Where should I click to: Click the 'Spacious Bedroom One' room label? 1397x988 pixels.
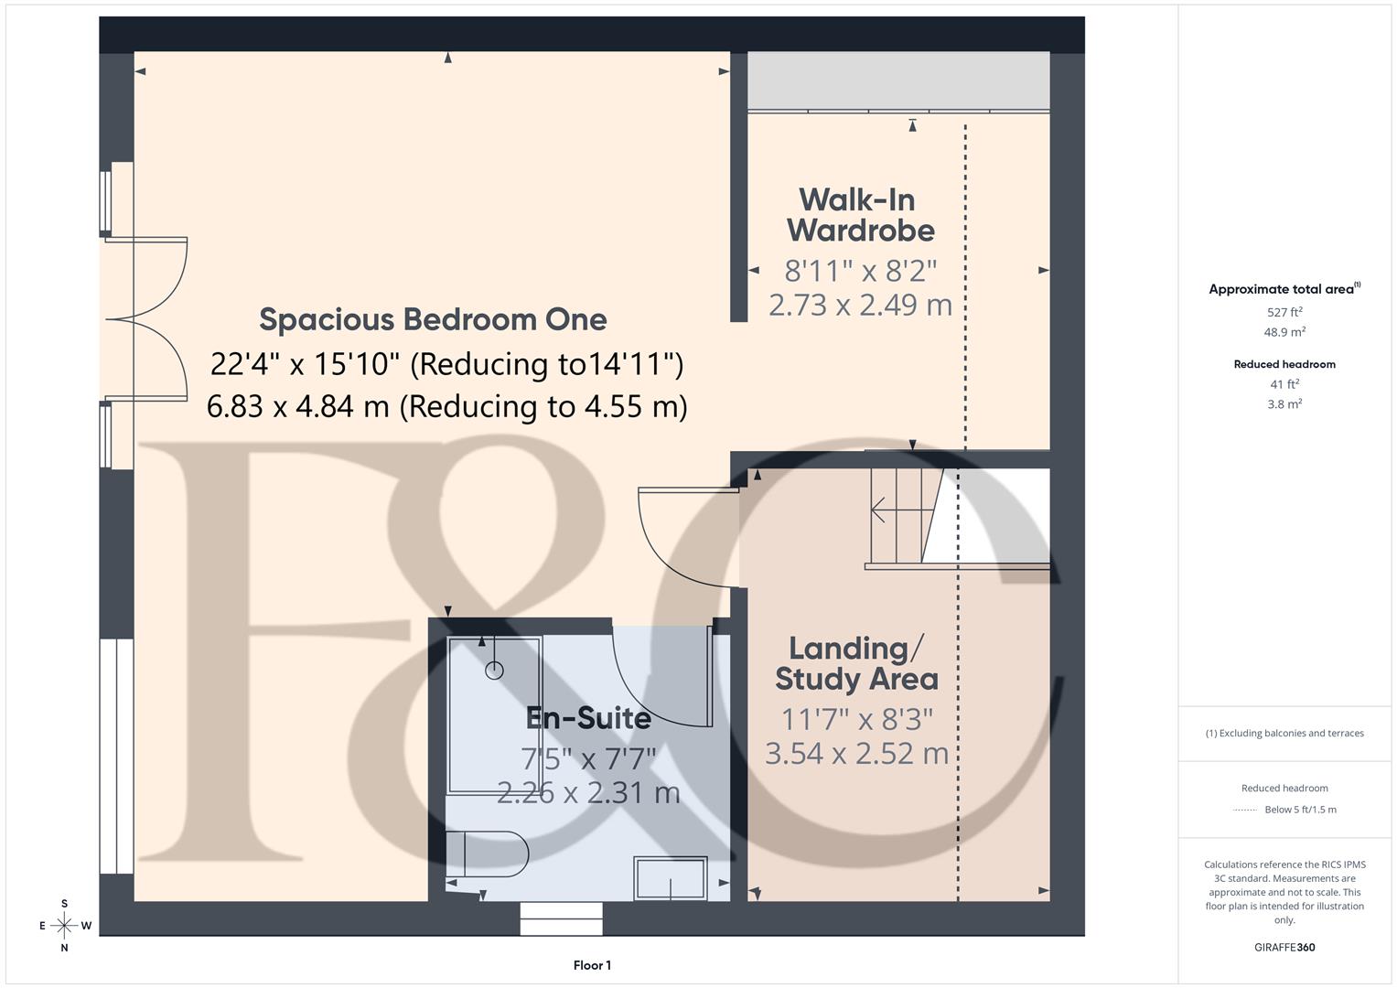[x=433, y=319]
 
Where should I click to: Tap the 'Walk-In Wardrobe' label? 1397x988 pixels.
[x=860, y=215]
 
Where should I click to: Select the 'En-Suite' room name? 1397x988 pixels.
[x=588, y=718]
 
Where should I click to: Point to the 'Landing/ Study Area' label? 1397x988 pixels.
[x=856, y=663]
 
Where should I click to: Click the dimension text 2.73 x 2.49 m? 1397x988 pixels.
[x=860, y=305]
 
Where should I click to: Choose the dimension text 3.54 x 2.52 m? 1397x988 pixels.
[x=856, y=753]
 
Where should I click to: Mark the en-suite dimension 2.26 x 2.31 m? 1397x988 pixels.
[x=588, y=792]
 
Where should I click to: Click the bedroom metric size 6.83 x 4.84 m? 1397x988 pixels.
[x=297, y=406]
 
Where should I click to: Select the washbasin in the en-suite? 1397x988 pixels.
[x=671, y=878]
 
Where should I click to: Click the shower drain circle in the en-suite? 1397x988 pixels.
[x=494, y=671]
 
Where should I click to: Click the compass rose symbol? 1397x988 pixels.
[x=64, y=925]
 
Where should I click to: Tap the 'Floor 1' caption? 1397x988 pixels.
[x=592, y=965]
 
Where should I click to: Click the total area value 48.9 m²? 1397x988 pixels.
[x=1284, y=332]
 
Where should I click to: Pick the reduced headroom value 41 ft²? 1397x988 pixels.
[x=1284, y=384]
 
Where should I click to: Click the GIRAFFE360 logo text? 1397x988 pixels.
[x=1284, y=947]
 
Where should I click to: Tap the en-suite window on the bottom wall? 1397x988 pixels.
[x=562, y=918]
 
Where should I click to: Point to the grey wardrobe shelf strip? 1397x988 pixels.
[x=898, y=81]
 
